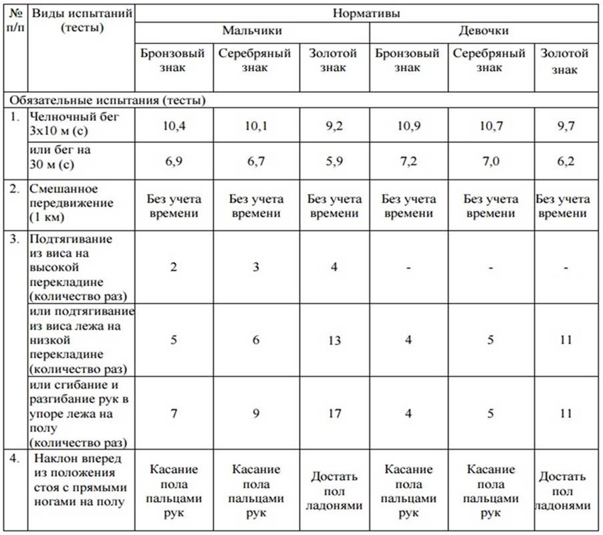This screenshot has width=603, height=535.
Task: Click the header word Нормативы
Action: click(366, 12)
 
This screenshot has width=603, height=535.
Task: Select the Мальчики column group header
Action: click(252, 31)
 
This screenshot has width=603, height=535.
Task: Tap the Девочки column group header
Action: click(483, 31)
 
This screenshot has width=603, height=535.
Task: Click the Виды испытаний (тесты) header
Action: click(82, 20)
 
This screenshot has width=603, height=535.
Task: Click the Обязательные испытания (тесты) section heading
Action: click(107, 100)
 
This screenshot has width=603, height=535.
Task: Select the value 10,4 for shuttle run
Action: click(173, 125)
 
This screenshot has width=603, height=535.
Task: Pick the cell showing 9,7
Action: click(566, 125)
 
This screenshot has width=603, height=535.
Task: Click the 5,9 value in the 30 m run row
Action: click(334, 162)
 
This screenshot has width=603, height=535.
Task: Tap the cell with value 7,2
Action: click(408, 162)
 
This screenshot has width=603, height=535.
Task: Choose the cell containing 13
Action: click(334, 340)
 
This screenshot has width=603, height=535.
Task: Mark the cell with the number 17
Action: click(334, 413)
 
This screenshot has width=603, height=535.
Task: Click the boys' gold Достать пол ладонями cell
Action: click(334, 491)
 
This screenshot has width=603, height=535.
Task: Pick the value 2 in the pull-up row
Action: click(173, 267)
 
